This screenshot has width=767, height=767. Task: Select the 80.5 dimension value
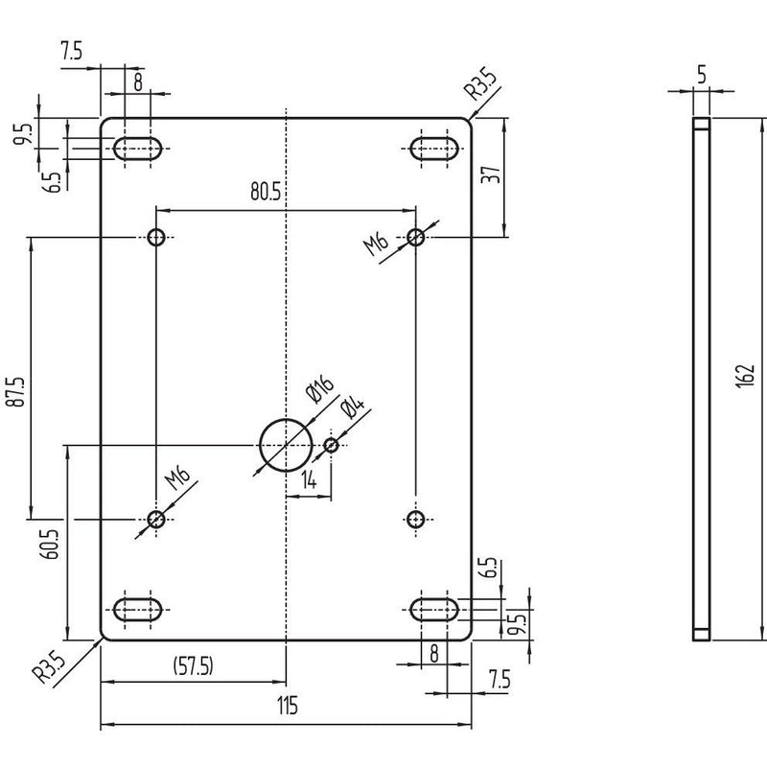click(266, 191)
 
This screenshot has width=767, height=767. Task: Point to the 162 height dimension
click(746, 376)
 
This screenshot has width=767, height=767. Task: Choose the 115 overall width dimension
click(287, 706)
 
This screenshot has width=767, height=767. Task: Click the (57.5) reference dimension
click(194, 665)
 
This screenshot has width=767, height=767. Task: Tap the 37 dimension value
click(491, 174)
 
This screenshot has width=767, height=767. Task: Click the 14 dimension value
click(309, 480)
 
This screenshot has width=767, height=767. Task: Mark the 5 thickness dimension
click(702, 75)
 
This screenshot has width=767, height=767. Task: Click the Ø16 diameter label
click(319, 388)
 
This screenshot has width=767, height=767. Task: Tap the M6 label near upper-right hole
click(376, 244)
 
